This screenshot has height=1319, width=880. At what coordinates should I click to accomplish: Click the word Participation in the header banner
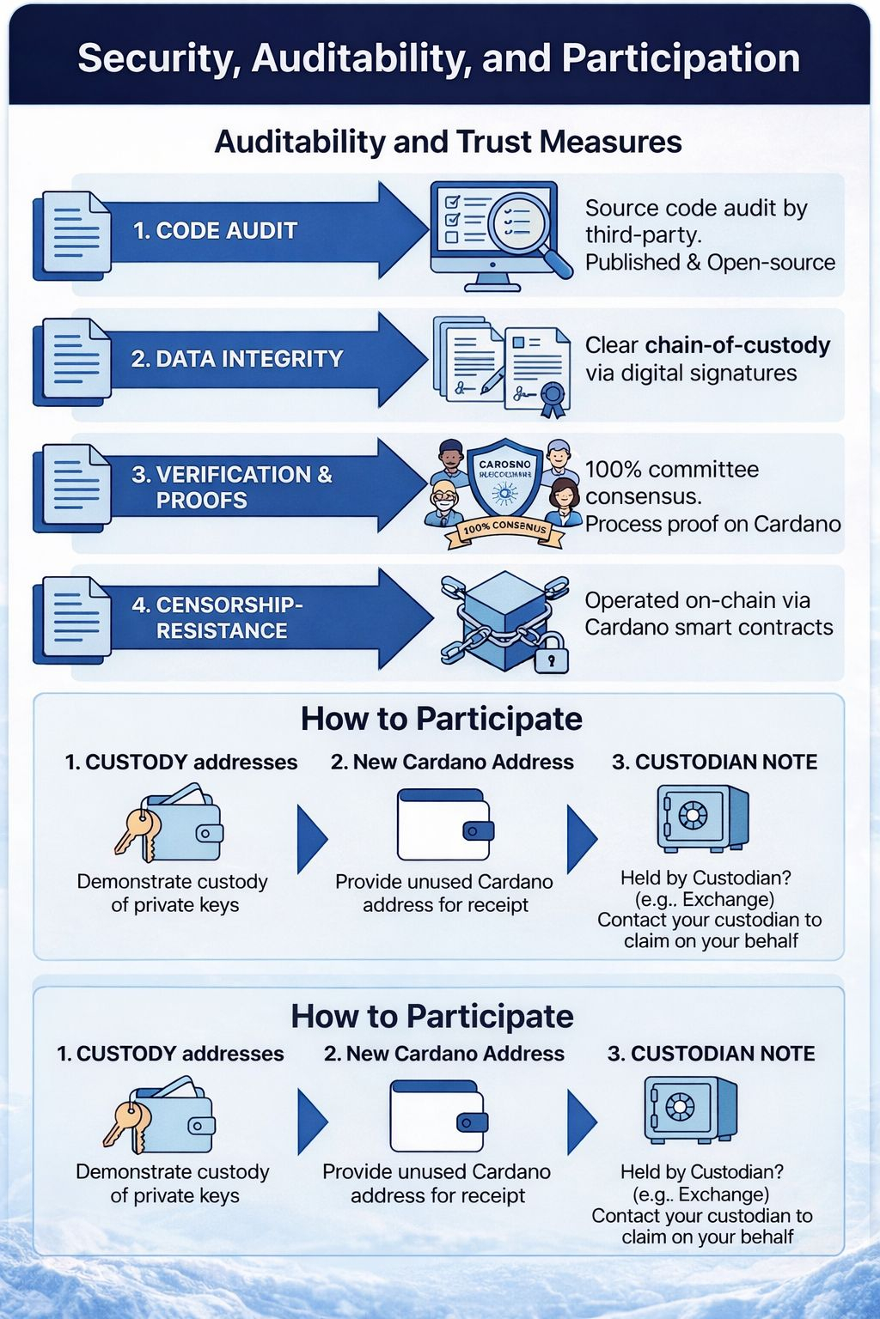[x=681, y=58]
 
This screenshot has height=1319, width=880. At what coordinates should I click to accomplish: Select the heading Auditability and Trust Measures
[x=448, y=142]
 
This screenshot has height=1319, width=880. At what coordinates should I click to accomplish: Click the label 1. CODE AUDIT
[x=215, y=230]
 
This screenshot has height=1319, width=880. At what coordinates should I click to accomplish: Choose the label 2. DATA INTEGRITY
[x=236, y=359]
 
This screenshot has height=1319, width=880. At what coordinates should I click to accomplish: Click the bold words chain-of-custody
[x=737, y=345]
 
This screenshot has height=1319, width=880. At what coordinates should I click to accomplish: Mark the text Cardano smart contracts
[x=709, y=628]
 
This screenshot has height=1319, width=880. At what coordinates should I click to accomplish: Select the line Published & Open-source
[x=710, y=263]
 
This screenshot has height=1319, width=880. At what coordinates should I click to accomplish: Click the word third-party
[x=643, y=235]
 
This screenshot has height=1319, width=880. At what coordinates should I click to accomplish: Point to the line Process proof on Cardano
[x=712, y=524]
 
